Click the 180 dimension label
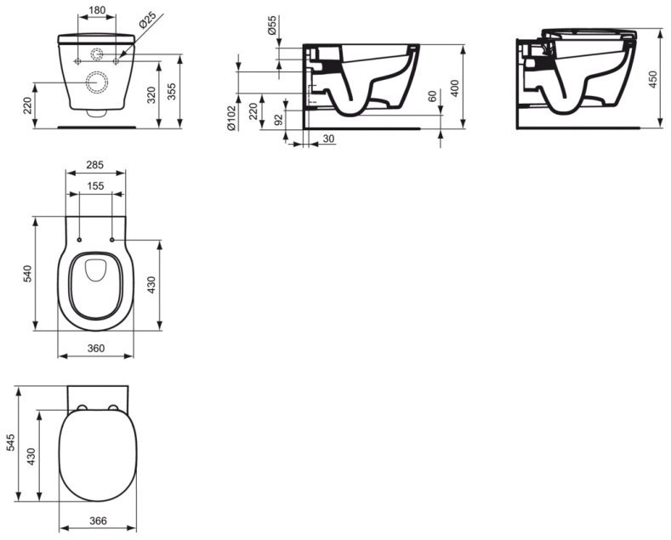(97, 9)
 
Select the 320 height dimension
(151, 95)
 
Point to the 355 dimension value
(171, 91)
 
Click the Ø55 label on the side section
(271, 26)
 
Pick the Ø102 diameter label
(231, 118)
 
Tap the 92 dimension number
(278, 120)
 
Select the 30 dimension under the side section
(328, 139)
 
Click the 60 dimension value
(432, 96)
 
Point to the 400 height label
(455, 88)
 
